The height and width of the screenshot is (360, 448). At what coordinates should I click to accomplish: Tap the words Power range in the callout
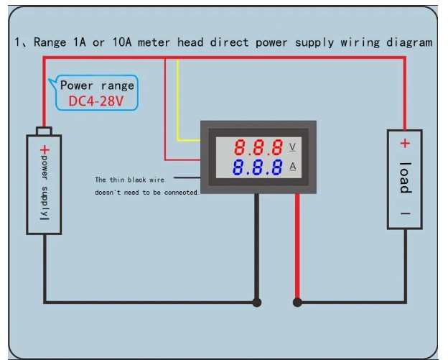[96, 86]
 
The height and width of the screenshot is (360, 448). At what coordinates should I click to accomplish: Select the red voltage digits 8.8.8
[258, 148]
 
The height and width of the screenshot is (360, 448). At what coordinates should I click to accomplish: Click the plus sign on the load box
[405, 144]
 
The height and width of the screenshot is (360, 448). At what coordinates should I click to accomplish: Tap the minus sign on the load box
[405, 214]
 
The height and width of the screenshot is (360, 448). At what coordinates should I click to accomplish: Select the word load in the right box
[405, 177]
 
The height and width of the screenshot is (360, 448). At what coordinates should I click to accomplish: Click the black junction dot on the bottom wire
[256, 302]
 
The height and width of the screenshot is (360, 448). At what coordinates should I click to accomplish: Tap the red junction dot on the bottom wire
[297, 302]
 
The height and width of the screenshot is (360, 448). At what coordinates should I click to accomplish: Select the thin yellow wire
[178, 101]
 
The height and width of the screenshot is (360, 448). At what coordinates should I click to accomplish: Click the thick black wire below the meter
[256, 244]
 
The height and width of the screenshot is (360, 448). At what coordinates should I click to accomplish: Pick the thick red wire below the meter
[297, 244]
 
